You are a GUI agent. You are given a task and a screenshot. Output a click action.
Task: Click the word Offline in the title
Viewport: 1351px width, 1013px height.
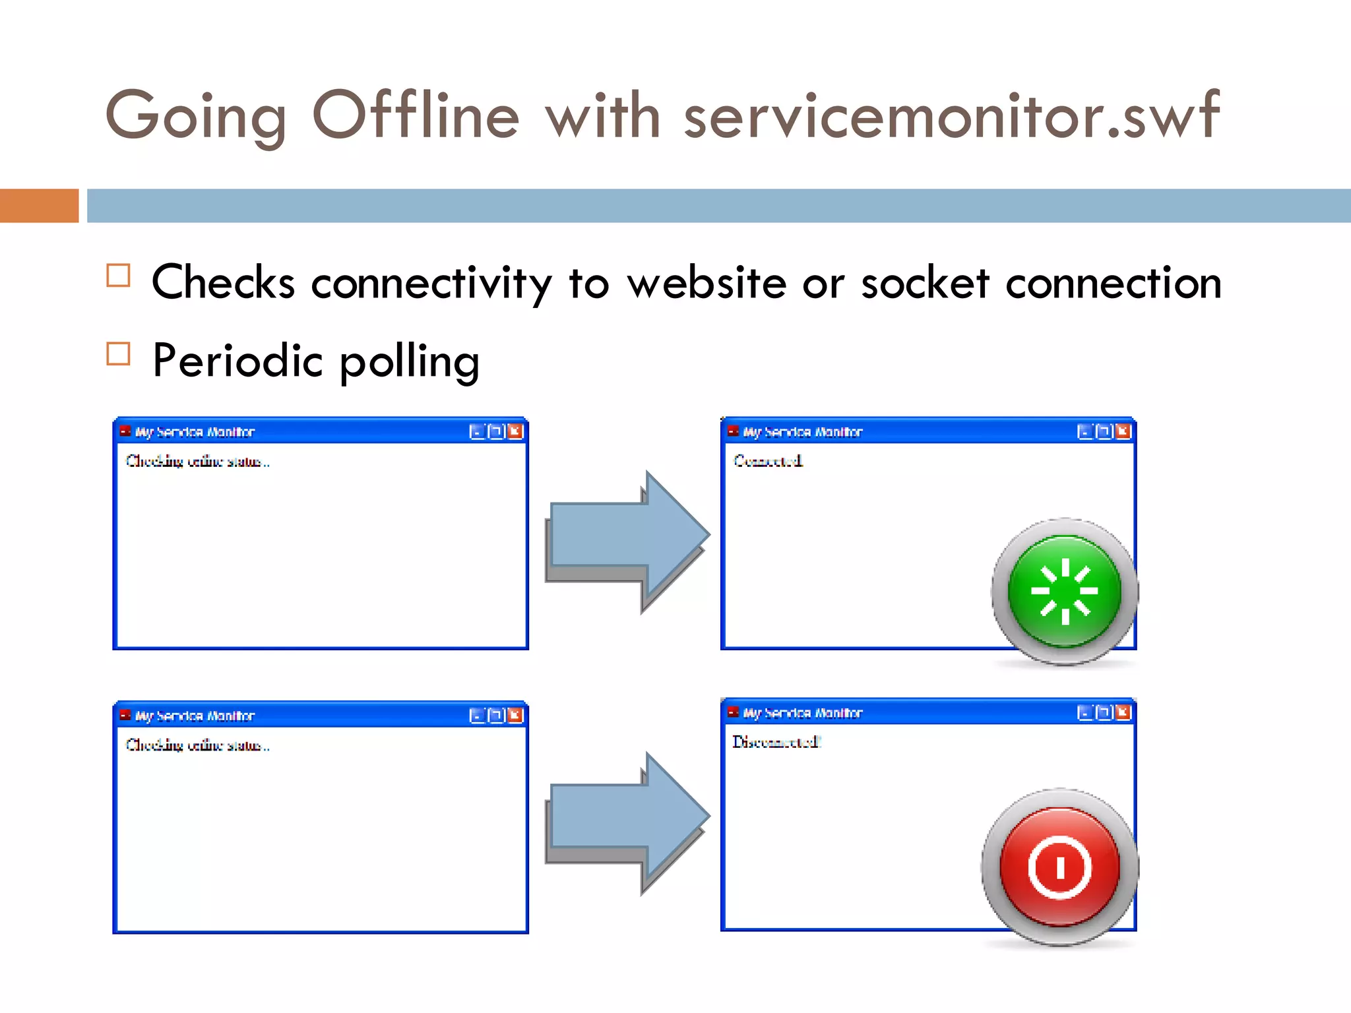416,115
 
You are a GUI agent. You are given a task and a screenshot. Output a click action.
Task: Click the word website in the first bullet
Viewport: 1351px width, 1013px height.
707,284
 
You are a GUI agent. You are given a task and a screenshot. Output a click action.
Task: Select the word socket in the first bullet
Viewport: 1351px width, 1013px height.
925,284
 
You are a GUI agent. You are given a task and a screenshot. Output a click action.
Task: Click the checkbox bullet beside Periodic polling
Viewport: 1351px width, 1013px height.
119,354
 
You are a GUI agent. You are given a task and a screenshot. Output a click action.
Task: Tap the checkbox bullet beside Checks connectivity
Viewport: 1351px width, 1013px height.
119,275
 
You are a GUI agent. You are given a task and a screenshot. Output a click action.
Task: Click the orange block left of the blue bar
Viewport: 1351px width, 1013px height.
39,206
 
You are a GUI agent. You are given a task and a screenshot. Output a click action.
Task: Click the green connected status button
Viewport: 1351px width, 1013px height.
1064,592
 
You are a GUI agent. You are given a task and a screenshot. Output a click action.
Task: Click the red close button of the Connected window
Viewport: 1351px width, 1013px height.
1123,431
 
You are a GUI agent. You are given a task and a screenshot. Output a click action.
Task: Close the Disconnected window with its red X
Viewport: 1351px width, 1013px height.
1123,712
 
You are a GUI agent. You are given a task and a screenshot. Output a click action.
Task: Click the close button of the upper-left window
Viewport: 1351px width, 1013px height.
515,431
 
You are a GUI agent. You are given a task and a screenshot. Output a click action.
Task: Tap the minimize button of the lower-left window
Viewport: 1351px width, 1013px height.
476,716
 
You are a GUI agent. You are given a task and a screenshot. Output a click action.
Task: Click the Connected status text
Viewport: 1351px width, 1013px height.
768,460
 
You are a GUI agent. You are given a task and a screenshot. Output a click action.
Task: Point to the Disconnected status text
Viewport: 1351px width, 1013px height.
776,742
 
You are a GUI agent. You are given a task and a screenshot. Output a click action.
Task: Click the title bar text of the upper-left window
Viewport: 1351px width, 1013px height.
195,432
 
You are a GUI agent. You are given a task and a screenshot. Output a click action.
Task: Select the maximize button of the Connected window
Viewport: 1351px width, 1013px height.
1103,431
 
